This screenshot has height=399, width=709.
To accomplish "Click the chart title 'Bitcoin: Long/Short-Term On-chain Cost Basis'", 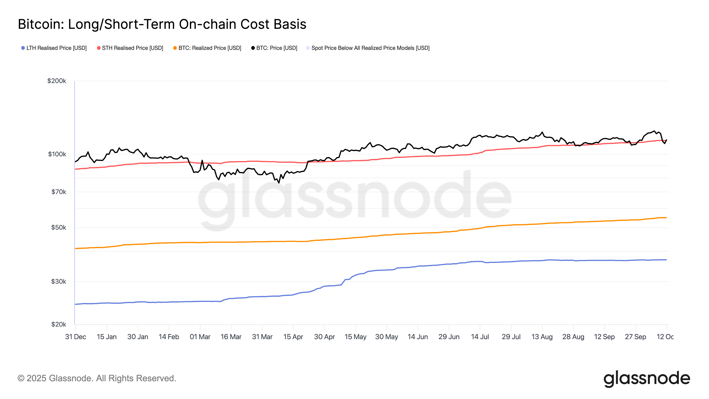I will click(x=162, y=24).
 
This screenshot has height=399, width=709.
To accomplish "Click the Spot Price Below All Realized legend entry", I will click(x=368, y=48).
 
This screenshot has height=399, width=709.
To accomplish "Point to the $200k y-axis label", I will click(x=57, y=81).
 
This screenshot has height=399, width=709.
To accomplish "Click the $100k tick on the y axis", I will click(x=57, y=154).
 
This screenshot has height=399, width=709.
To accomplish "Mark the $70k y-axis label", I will click(x=59, y=192).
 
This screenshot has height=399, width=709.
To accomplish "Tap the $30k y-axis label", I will click(x=59, y=282).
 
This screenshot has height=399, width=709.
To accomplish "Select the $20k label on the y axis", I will click(x=59, y=324).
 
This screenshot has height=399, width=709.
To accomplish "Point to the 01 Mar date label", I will click(x=200, y=337).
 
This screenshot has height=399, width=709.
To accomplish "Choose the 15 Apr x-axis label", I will click(x=293, y=337).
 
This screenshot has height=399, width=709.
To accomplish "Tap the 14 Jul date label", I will click(x=480, y=337).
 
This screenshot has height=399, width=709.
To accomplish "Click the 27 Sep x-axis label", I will click(x=635, y=337).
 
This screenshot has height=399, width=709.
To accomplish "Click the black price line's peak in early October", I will click(x=654, y=131).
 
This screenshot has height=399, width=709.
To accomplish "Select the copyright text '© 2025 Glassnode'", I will click(x=97, y=378).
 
